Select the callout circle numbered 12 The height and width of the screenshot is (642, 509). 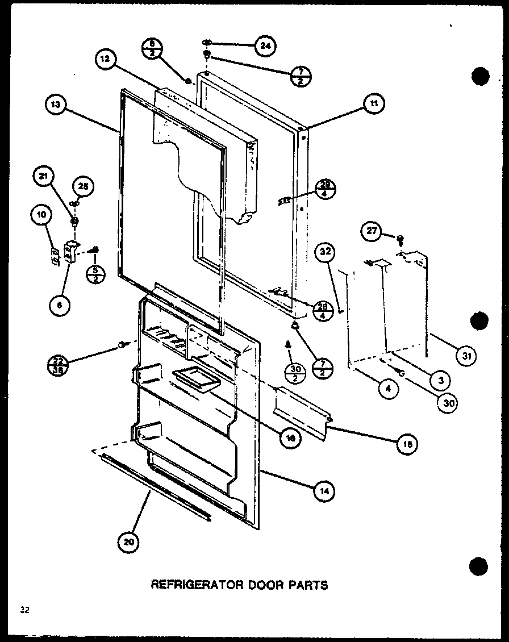[106, 59]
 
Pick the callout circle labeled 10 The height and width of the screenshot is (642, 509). [43, 215]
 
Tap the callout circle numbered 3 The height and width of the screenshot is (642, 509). [440, 379]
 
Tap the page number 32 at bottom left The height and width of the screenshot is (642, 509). [24, 611]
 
